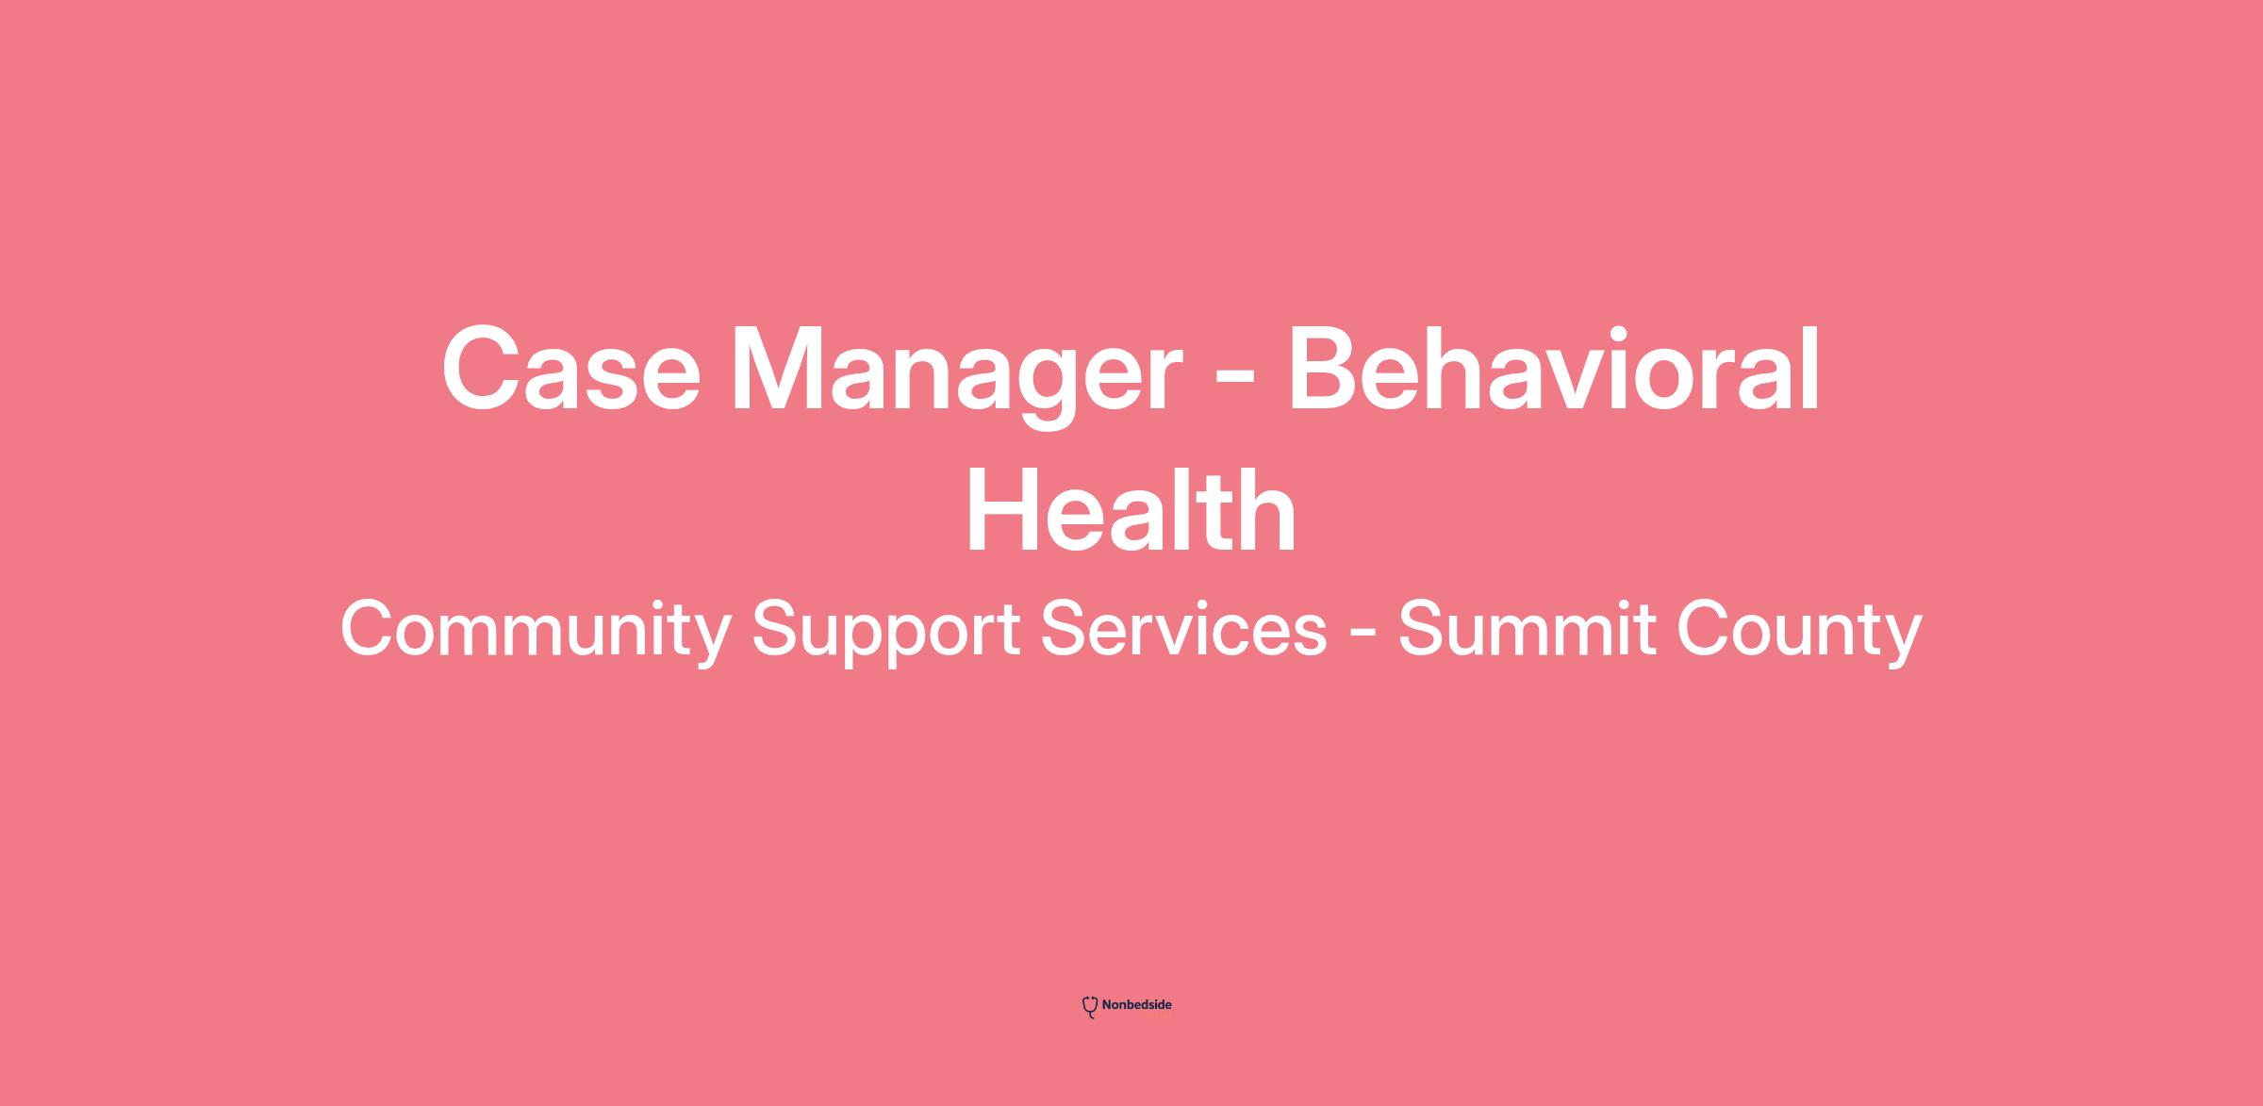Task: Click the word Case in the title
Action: point(571,369)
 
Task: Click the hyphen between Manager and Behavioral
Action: point(1235,383)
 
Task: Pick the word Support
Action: point(885,632)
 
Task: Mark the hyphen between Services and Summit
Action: point(1362,635)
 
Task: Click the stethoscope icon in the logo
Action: point(1090,1007)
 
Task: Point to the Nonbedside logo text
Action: point(1136,1005)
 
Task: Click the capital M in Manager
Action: point(785,369)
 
